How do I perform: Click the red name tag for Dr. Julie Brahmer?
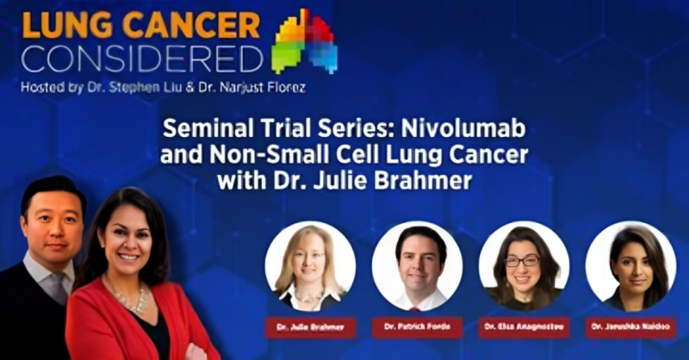click(310, 328)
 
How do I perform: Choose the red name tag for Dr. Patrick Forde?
click(417, 328)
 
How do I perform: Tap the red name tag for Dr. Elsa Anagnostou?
click(524, 328)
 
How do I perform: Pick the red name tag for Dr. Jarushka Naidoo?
click(631, 328)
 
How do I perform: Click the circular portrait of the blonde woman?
click(310, 266)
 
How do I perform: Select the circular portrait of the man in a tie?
click(417, 266)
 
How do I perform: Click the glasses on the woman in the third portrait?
click(521, 260)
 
